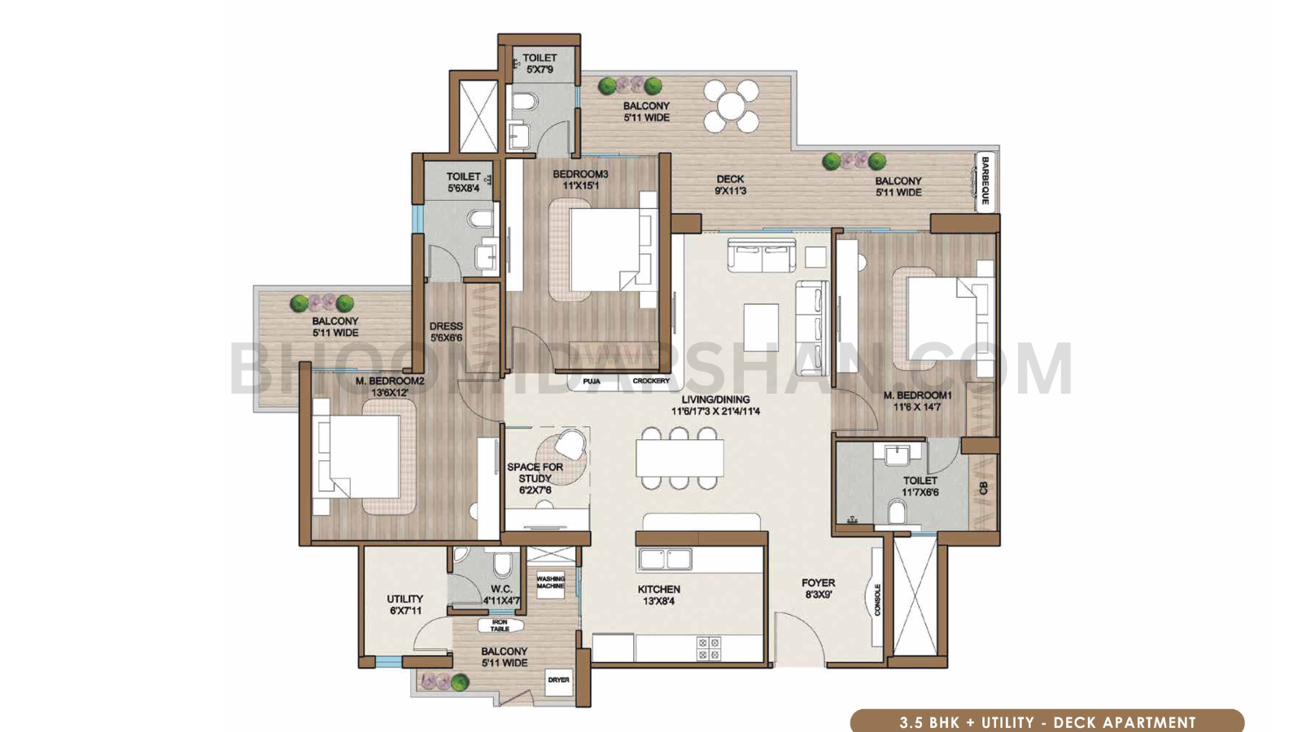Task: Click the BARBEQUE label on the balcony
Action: (x=985, y=181)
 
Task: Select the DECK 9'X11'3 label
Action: (x=730, y=185)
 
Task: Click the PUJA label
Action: (x=592, y=381)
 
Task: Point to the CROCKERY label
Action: (x=651, y=381)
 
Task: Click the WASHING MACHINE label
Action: (x=550, y=582)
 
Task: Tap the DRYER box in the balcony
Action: (x=558, y=680)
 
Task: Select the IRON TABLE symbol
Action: (x=500, y=625)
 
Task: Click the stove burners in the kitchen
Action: (x=708, y=648)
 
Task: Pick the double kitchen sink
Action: (x=665, y=559)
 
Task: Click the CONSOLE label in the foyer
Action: (x=877, y=599)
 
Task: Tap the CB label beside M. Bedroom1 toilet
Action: (x=983, y=488)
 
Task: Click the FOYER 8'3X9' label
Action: (x=818, y=588)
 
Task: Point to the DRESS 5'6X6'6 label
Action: (x=446, y=332)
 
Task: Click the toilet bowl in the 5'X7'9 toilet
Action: (x=526, y=102)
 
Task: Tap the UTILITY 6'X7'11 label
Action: (x=404, y=604)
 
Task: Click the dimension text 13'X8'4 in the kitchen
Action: (x=658, y=601)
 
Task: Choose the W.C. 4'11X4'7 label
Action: (x=501, y=595)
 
